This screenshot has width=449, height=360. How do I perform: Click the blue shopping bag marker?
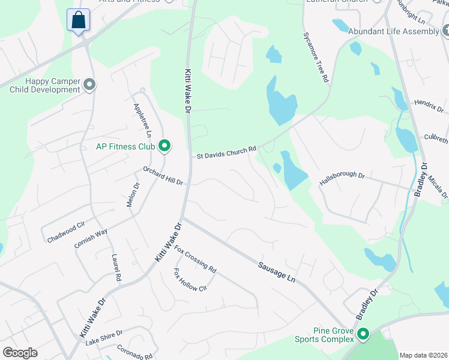79,20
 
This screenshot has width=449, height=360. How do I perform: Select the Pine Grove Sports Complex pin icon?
363,334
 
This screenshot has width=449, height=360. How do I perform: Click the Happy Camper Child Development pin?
90,85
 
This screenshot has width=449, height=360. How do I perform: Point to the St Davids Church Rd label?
227,152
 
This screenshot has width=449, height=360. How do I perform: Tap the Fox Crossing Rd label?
195,259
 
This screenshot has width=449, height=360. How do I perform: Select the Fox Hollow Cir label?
190,280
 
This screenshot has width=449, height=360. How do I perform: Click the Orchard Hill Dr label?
162,176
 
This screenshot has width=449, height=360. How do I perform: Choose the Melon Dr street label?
132,195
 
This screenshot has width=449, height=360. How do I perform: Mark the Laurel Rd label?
116,268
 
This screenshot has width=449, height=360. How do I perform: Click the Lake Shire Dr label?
103,338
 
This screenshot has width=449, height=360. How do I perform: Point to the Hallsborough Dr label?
342,179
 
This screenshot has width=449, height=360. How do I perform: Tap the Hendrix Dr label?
428,107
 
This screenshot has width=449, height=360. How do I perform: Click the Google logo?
20,353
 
